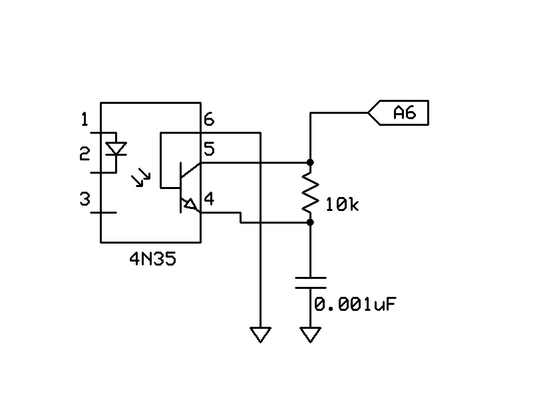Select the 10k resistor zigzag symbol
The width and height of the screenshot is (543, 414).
(310, 192)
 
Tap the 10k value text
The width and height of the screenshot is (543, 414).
(342, 205)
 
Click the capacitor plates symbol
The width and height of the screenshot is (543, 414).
(310, 283)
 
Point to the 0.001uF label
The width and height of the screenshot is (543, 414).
(355, 304)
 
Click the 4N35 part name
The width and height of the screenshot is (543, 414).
(153, 258)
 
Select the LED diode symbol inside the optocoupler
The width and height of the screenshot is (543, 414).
(116, 149)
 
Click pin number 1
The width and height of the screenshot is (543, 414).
(85, 120)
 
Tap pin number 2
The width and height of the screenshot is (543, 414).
(85, 154)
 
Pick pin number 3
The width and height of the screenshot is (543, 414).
(85, 199)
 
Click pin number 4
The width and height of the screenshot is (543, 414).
(209, 199)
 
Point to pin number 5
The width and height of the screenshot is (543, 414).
(209, 148)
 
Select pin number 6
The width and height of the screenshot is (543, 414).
(209, 120)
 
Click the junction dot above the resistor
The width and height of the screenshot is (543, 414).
(310, 162)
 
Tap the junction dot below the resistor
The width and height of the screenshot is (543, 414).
(310, 222)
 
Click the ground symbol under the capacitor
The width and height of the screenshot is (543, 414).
(310, 335)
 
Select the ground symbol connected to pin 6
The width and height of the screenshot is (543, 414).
(260, 335)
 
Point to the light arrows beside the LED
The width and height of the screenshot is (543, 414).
(140, 177)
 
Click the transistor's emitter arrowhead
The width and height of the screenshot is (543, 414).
(190, 204)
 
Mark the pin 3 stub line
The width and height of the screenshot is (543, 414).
(103, 212)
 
